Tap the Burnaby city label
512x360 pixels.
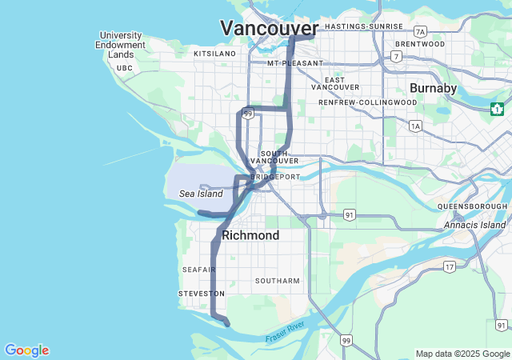432,87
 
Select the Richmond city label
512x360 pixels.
250,235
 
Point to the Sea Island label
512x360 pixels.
201,194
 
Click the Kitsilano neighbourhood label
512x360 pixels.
215,54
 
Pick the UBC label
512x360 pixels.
124,69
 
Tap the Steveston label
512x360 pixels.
201,294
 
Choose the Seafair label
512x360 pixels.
198,270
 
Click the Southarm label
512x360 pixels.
277,281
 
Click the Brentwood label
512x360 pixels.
419,44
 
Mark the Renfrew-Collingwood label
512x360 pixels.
367,102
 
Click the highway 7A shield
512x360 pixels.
421,31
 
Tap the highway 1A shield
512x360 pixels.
414,126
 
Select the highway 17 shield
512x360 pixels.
450,266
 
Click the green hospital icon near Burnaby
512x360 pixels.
498,109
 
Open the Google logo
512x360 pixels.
26,350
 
